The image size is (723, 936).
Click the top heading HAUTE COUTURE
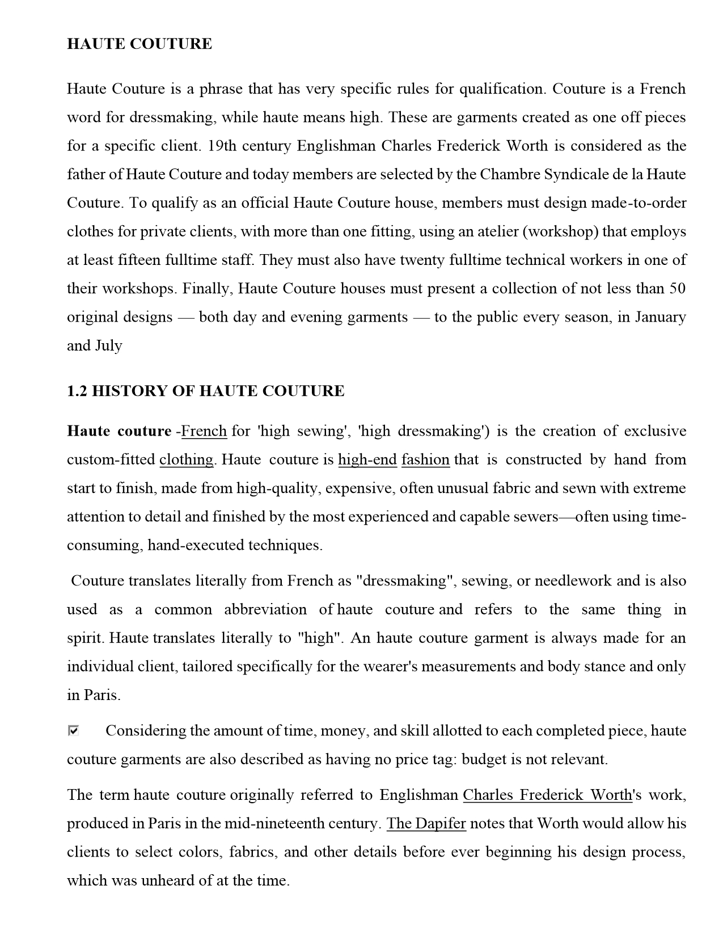tap(139, 44)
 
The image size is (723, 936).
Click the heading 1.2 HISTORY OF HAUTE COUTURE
tap(205, 391)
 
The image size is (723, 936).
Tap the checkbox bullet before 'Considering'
tap(73, 730)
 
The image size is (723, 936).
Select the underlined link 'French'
tap(204, 431)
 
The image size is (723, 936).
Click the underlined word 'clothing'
tap(187, 459)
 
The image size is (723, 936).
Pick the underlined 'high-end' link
tap(367, 459)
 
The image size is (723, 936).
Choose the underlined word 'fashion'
tap(425, 459)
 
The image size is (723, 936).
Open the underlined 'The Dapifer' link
tap(426, 824)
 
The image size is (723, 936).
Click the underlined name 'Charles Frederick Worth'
tap(547, 795)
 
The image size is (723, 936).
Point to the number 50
tap(677, 289)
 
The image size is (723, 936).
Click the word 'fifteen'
tap(139, 260)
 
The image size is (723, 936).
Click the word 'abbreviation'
tap(265, 610)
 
